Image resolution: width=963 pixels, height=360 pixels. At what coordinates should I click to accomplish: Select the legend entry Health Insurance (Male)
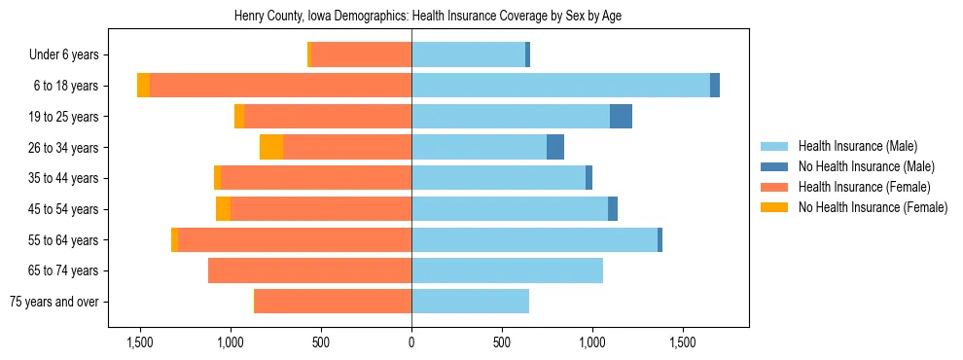pyautogui.click(x=857, y=146)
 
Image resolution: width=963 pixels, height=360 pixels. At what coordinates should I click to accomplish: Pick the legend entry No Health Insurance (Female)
pyautogui.click(x=872, y=207)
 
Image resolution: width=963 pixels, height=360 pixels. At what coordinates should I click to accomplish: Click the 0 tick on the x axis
pyautogui.click(x=411, y=342)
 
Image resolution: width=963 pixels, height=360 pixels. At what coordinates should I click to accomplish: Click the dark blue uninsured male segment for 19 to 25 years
pyautogui.click(x=621, y=117)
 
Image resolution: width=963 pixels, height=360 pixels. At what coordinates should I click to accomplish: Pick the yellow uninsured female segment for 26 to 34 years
pyautogui.click(x=271, y=147)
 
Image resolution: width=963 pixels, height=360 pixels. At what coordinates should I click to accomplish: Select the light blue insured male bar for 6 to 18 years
pyautogui.click(x=560, y=86)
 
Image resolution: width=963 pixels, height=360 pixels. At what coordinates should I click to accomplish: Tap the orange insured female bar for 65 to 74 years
pyautogui.click(x=309, y=270)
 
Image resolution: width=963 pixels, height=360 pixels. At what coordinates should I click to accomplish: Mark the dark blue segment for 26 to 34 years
pyautogui.click(x=555, y=147)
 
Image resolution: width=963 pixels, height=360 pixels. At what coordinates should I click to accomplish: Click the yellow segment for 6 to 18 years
pyautogui.click(x=143, y=86)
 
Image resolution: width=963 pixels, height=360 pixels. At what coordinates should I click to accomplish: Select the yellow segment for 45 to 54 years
pyautogui.click(x=223, y=209)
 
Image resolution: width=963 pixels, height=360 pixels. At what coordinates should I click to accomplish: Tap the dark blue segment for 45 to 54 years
pyautogui.click(x=613, y=209)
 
